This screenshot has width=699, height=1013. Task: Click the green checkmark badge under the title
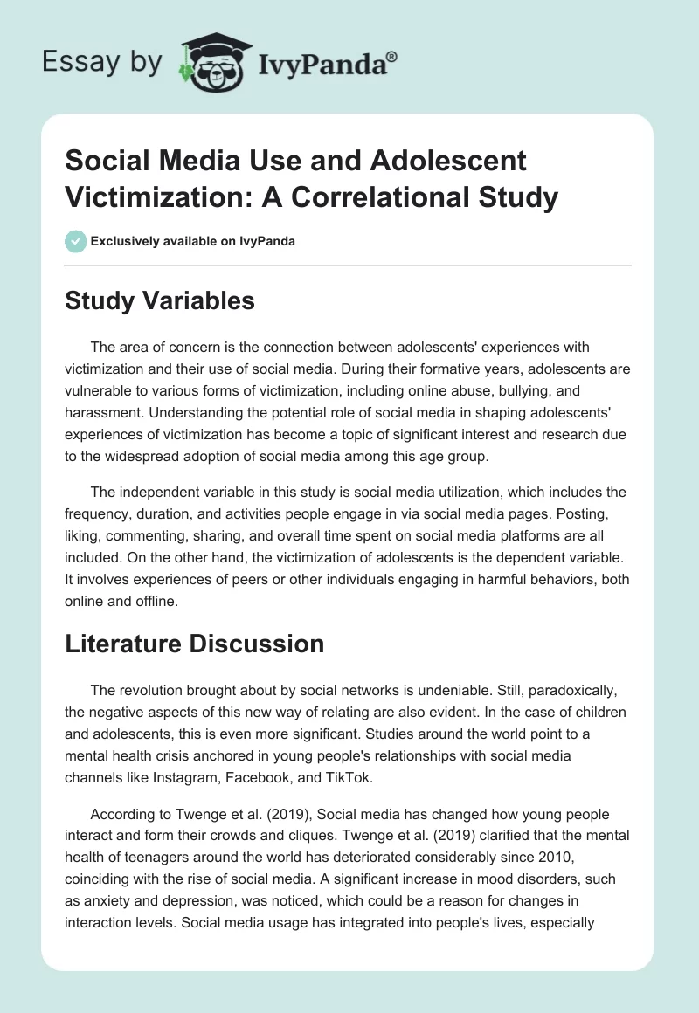click(76, 241)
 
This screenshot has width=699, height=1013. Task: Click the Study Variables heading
click(160, 300)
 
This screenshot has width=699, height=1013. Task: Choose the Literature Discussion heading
click(195, 644)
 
